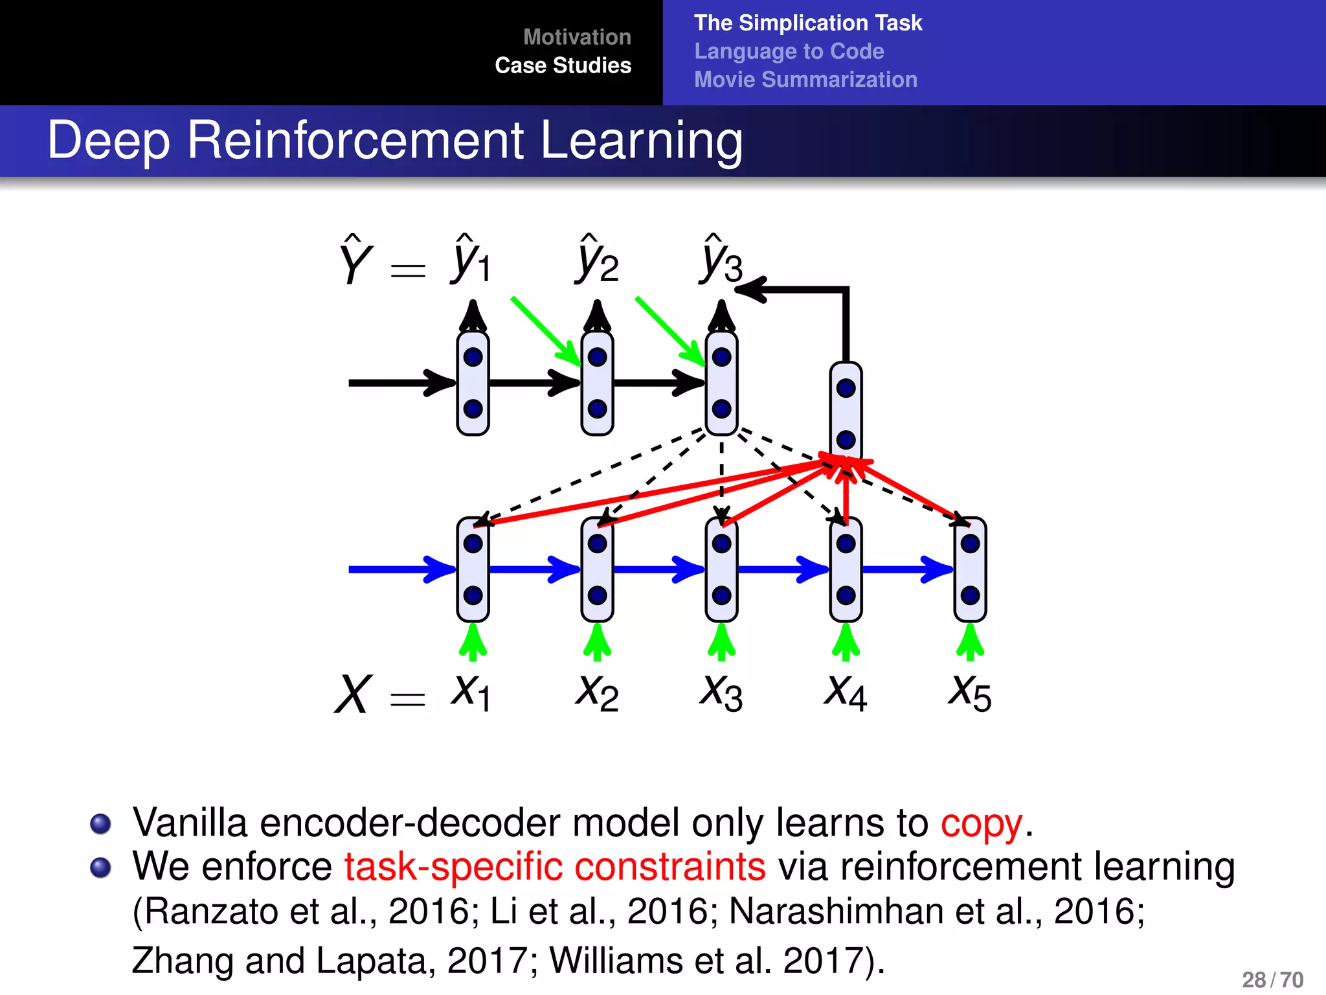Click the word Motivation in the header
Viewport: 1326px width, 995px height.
coord(576,37)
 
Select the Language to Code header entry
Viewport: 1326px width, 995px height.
coord(789,51)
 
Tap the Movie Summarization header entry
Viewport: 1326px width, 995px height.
coord(805,80)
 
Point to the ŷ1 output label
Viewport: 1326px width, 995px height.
coord(471,260)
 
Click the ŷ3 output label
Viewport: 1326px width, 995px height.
coord(721,260)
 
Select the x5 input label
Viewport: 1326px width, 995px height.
coord(969,693)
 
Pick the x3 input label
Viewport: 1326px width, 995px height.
coord(721,693)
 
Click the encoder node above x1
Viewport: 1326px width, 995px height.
coord(473,569)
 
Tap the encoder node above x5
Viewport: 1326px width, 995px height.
coord(970,569)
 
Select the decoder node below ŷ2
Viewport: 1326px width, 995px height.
coord(597,383)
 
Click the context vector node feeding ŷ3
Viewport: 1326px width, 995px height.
coord(846,413)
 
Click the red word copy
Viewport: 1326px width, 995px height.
coord(982,823)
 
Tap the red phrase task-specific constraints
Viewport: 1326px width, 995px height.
coord(554,867)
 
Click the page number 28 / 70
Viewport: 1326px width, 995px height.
coord(1272,979)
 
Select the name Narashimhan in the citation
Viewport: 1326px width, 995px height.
coord(836,911)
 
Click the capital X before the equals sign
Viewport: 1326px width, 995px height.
coord(354,694)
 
